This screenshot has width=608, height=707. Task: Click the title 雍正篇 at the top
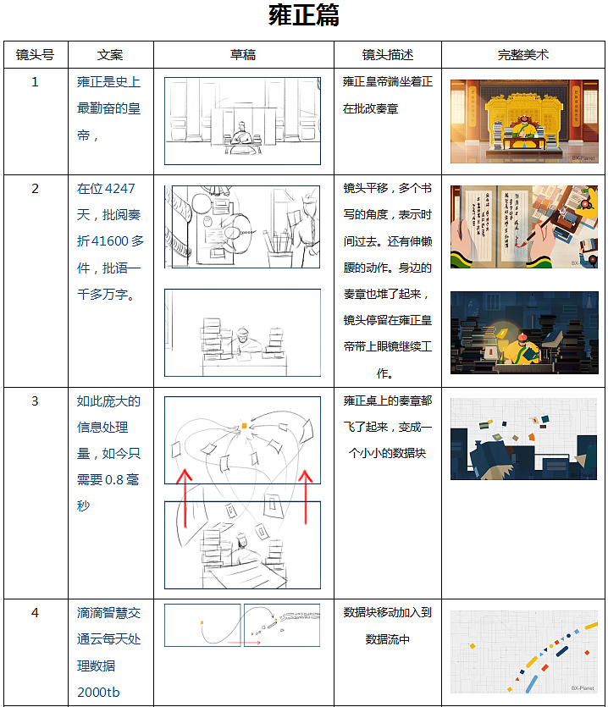click(303, 15)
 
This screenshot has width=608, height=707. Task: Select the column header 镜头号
click(36, 54)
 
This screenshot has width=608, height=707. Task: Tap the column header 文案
click(110, 54)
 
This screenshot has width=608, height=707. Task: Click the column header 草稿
click(243, 54)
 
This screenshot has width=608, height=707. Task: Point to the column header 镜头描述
click(388, 54)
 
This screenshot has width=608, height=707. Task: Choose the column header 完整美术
click(523, 54)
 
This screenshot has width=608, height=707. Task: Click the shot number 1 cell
click(36, 81)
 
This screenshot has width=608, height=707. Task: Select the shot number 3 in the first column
click(36, 400)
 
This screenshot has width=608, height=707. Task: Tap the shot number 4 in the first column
click(36, 613)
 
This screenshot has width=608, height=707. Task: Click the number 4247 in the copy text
click(119, 189)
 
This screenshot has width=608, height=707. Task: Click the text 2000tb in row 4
click(98, 692)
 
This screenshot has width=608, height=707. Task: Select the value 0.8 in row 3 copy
click(114, 480)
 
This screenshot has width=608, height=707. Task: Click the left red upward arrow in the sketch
click(185, 498)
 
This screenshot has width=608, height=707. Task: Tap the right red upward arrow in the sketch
click(306, 497)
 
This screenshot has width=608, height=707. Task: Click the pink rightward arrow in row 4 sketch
click(244, 643)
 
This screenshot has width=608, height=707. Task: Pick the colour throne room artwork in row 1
click(524, 121)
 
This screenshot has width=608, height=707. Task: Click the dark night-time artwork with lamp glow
click(524, 333)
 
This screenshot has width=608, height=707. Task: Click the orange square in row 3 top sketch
click(244, 426)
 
